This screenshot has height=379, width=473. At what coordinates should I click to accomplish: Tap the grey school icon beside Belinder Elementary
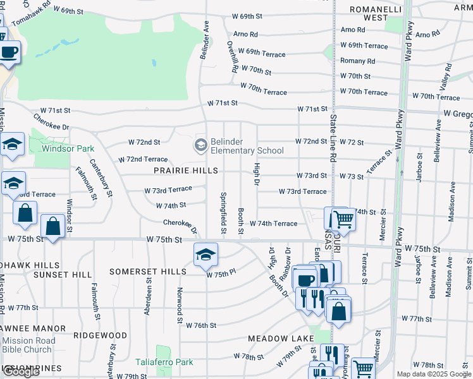point(201,146)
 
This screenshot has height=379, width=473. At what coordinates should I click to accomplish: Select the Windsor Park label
point(68,149)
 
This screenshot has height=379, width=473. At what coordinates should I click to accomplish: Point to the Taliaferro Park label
point(164,362)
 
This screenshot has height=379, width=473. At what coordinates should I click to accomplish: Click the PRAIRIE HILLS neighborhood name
point(187,171)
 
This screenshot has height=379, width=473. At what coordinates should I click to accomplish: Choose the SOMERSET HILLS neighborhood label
point(147,271)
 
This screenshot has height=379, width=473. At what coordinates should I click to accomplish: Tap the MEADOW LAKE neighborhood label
point(281,339)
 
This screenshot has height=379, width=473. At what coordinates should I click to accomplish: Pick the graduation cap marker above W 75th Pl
point(206,255)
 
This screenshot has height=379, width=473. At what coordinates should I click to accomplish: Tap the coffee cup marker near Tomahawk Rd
point(9,52)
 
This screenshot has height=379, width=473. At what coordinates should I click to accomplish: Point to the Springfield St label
point(223,209)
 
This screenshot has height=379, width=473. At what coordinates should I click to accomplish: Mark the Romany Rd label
point(357,61)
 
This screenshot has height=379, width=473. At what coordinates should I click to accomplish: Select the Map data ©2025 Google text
point(434,374)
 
